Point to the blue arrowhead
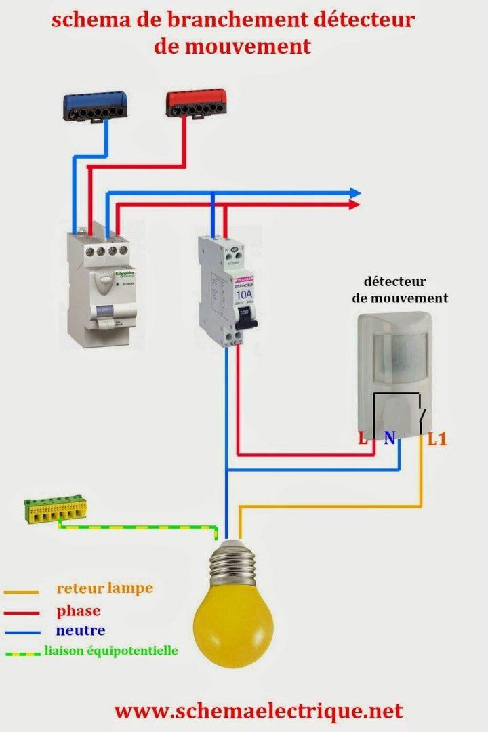coord(354,193)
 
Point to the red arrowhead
coord(354,204)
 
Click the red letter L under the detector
coord(363,439)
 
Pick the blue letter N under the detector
coord(390,439)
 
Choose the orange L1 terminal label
coord(437,439)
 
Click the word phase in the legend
coord(79,611)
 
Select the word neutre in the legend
coord(81,630)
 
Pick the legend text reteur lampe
coord(105,588)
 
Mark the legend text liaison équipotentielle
coord(111,651)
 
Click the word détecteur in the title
coord(364,20)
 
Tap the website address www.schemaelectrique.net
coord(258,711)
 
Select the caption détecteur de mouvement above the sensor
coord(400,289)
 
